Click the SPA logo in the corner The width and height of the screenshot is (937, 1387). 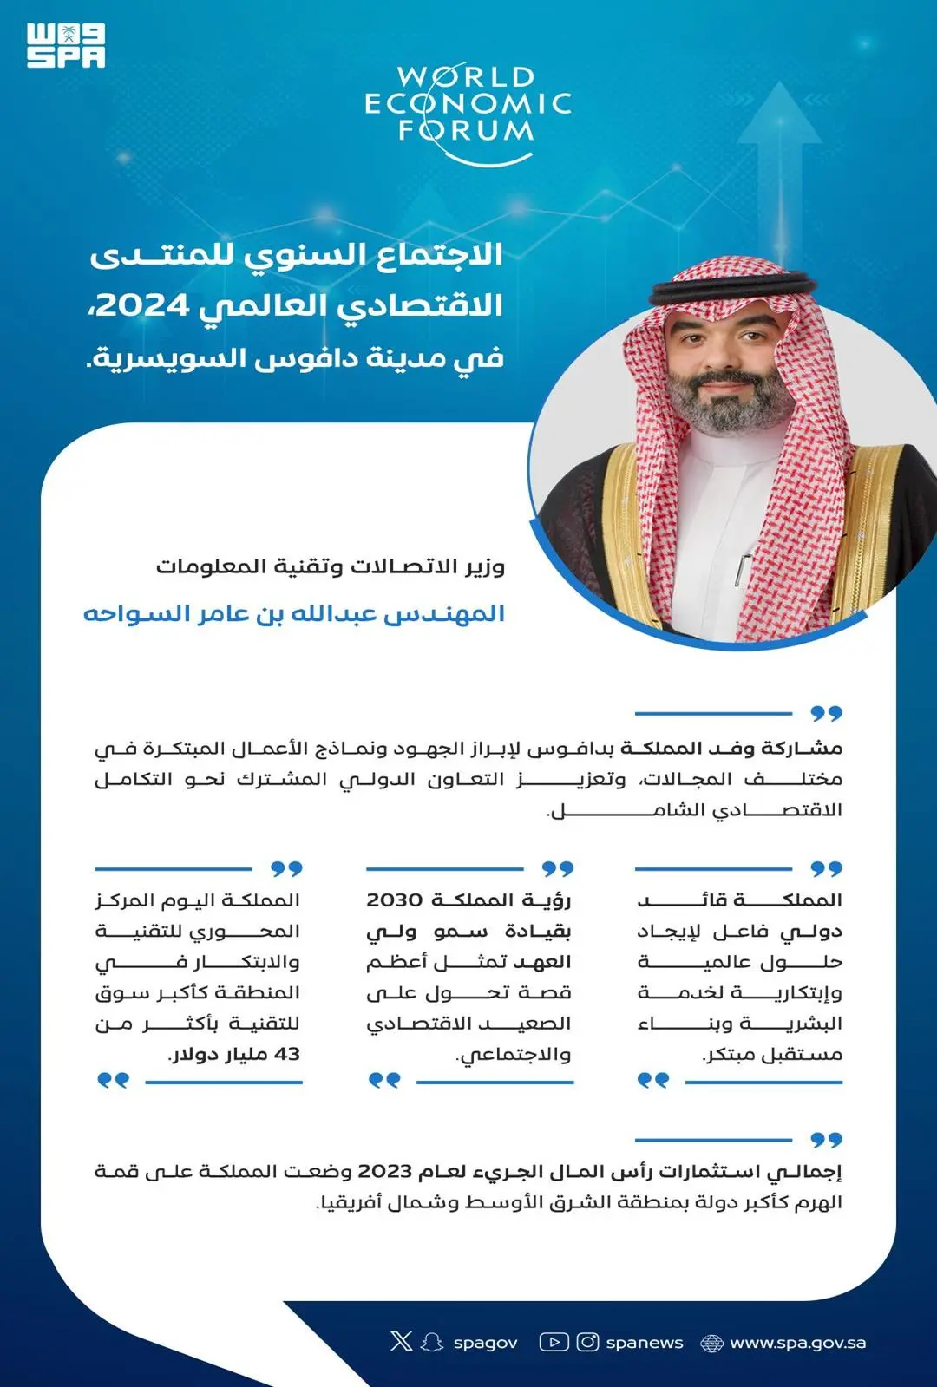tap(66, 46)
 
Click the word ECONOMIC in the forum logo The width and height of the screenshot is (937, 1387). tap(467, 105)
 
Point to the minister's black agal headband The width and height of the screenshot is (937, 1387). tap(734, 287)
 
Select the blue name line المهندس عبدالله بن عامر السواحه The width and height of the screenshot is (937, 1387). tap(294, 614)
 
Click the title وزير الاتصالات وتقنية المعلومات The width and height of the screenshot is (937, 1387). tap(331, 566)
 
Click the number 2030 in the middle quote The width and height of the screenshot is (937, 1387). tap(394, 900)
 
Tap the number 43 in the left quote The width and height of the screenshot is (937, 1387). tap(286, 1054)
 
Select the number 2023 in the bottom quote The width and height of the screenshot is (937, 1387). tap(384, 1171)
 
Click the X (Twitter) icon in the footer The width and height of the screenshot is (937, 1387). tap(401, 1342)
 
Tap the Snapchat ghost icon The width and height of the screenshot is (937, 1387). tap(431, 1342)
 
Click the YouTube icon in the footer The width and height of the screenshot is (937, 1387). tap(554, 1342)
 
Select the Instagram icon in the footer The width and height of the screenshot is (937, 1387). tap(587, 1342)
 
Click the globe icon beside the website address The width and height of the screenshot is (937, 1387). tap(711, 1343)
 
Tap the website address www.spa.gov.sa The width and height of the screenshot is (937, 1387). tap(797, 1343)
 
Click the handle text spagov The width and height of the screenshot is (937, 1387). tap(485, 1344)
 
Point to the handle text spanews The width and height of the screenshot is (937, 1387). tap(645, 1343)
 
